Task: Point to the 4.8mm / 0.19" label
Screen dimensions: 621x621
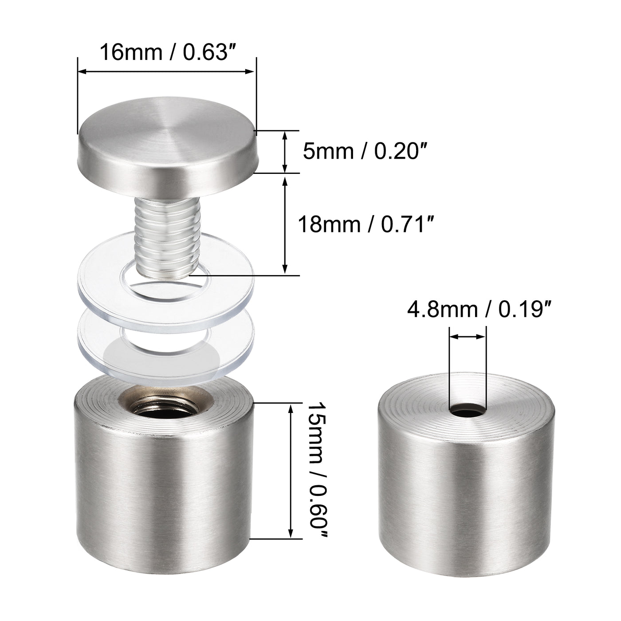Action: (x=476, y=310)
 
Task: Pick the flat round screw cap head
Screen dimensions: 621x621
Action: (x=166, y=146)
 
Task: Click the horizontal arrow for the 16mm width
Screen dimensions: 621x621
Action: (x=167, y=71)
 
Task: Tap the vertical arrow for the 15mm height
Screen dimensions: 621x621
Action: (x=291, y=471)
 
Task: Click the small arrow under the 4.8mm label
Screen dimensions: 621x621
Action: (x=468, y=338)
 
